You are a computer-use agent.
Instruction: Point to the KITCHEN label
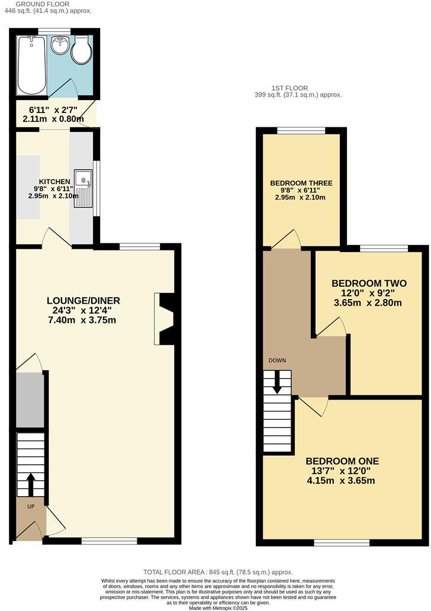54,181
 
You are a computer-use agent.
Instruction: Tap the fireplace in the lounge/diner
165,319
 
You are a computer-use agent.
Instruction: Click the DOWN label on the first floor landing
277,360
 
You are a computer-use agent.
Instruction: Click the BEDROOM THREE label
301,184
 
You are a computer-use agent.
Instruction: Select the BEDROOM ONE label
342,461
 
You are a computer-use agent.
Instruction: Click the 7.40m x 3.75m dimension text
82,320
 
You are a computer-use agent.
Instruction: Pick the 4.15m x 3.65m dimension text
342,481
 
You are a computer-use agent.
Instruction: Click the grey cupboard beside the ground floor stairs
30,400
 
